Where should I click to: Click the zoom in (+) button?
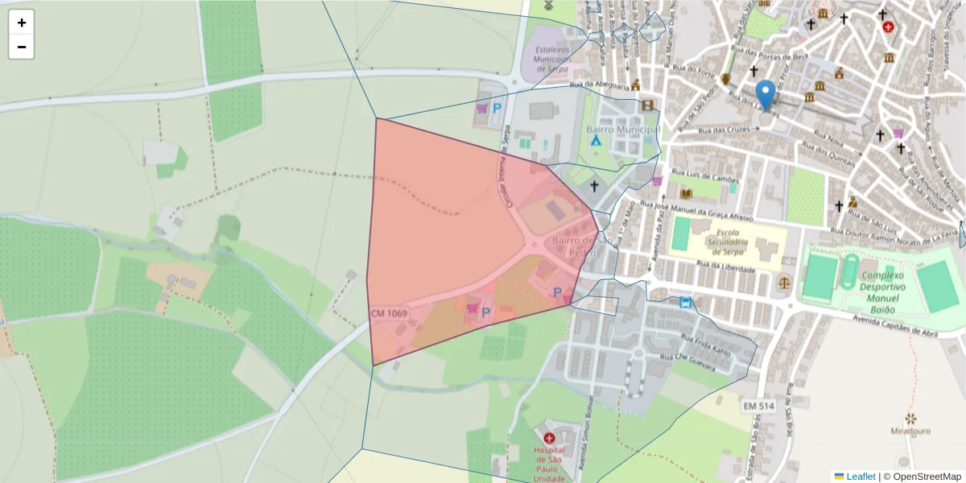pyautogui.click(x=22, y=23)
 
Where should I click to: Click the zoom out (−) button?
pyautogui.click(x=22, y=47)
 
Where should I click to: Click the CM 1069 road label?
pyautogui.click(x=389, y=313)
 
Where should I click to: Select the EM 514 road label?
pyautogui.click(x=759, y=407)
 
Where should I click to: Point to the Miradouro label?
pyautogui.click(x=911, y=431)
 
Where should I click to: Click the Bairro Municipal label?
pyautogui.click(x=624, y=130)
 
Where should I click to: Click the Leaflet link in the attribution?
pyautogui.click(x=861, y=477)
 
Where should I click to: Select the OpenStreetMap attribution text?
pyautogui.click(x=923, y=477)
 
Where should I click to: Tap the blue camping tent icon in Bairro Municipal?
pyautogui.click(x=596, y=139)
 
